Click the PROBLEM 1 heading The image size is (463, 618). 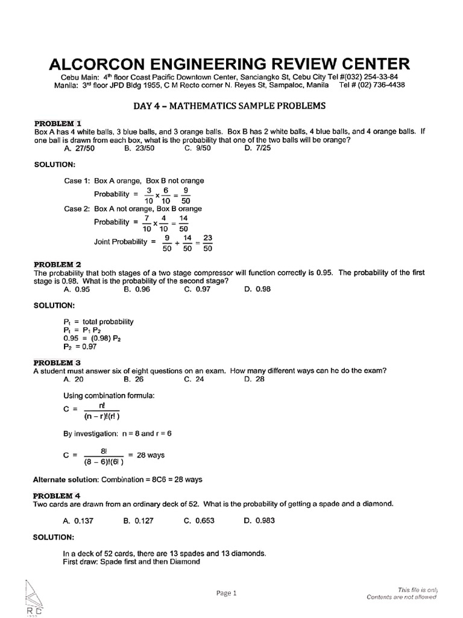click(x=61, y=122)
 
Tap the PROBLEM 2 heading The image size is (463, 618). click(x=61, y=264)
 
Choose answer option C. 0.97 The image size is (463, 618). click(x=198, y=289)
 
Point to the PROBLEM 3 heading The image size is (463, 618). click(x=61, y=363)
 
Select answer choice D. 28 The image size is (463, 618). click(x=254, y=380)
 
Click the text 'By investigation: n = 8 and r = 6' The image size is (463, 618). click(x=118, y=433)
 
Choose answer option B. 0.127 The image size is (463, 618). click(x=137, y=520)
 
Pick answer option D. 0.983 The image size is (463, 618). click(x=257, y=520)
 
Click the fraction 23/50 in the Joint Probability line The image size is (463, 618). click(x=208, y=243)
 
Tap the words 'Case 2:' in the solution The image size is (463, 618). click(x=77, y=208)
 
